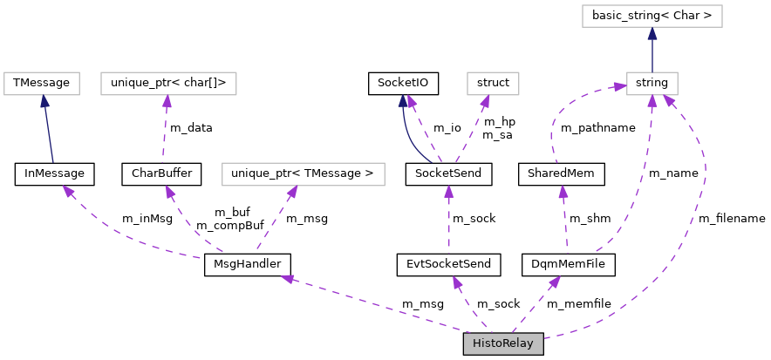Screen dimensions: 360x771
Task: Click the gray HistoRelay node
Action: [502, 343]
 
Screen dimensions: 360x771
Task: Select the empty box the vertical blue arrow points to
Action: [652, 16]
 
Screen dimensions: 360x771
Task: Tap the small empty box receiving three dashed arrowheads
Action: [652, 84]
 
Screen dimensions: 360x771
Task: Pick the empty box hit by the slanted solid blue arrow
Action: [42, 84]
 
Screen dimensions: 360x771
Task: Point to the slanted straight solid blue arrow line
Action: [49, 131]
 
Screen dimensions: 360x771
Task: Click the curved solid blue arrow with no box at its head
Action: [408, 139]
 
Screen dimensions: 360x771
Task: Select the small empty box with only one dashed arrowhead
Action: [493, 84]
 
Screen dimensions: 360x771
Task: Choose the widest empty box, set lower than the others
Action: [303, 174]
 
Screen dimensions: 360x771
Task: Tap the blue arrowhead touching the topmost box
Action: [652, 34]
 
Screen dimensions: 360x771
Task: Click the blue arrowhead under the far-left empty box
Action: [44, 101]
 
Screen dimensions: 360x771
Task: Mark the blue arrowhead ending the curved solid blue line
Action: [403, 100]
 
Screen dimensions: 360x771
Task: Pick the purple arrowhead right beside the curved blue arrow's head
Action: [412, 101]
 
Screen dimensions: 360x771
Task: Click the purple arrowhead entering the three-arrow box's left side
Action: [620, 86]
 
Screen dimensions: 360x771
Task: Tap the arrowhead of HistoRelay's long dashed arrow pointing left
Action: [288, 278]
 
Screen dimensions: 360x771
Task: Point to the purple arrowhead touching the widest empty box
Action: [292, 192]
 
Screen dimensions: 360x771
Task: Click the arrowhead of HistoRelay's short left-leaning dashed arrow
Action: [457, 282]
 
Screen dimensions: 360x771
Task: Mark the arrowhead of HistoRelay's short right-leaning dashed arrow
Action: [555, 282]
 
